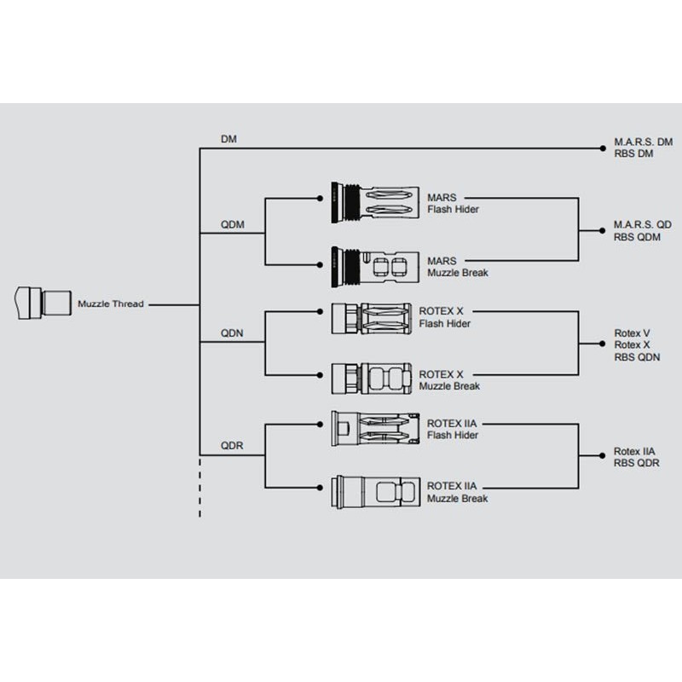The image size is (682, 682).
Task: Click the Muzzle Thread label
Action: click(x=111, y=304)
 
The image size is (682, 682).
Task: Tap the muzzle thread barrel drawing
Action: click(x=43, y=303)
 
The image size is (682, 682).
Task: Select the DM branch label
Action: click(x=228, y=139)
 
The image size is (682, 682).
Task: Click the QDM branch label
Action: click(x=232, y=224)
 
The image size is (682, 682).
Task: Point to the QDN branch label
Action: click(x=232, y=333)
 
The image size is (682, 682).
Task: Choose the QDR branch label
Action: click(x=232, y=446)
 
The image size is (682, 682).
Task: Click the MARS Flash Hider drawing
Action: click(x=375, y=203)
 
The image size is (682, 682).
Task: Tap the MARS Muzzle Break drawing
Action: click(x=375, y=267)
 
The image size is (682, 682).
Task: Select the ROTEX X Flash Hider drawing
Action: click(x=371, y=318)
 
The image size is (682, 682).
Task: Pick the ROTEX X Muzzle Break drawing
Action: click(x=371, y=379)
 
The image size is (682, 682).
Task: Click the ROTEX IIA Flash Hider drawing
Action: click(x=375, y=429)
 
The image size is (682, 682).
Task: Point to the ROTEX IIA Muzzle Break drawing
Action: click(x=375, y=492)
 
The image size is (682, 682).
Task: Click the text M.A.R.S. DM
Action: click(x=644, y=142)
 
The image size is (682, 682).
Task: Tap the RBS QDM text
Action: click(x=637, y=237)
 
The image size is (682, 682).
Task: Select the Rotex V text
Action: click(x=632, y=333)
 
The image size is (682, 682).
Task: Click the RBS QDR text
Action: click(x=636, y=463)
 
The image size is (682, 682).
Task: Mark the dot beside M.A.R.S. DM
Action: click(x=603, y=148)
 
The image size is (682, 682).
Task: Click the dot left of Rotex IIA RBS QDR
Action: click(x=602, y=455)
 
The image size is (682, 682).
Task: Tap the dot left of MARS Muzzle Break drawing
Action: click(x=320, y=264)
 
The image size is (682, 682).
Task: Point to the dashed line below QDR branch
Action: click(x=199, y=487)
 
